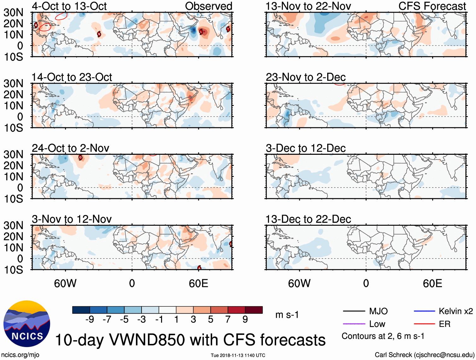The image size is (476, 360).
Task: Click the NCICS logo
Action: pos(26,323)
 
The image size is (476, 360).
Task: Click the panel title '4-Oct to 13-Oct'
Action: pos(69,6)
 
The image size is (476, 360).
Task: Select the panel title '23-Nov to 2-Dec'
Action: pos(305,77)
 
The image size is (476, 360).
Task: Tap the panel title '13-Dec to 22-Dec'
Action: pos(308,219)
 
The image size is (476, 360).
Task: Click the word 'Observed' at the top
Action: pos(208,6)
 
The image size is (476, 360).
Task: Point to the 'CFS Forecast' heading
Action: pos(432,6)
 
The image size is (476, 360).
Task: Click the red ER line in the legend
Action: pos(424,324)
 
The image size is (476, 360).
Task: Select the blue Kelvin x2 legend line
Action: pos(424,311)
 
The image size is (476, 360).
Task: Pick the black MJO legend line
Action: pos(354,311)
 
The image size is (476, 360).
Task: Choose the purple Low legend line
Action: pos(354,324)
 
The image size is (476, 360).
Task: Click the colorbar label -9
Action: pos(90,320)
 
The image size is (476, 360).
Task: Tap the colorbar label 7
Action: pos(228,320)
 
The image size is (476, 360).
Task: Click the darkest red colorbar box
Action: pos(254,310)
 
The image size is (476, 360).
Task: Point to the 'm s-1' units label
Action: pos(287,315)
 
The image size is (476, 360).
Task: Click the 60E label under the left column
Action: pos(198,283)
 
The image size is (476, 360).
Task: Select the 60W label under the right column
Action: pos(299,283)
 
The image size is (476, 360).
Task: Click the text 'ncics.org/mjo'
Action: pos(20,355)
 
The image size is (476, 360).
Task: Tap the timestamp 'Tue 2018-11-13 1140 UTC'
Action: pos(238,355)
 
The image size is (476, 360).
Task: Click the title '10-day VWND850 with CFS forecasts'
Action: pos(190,340)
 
